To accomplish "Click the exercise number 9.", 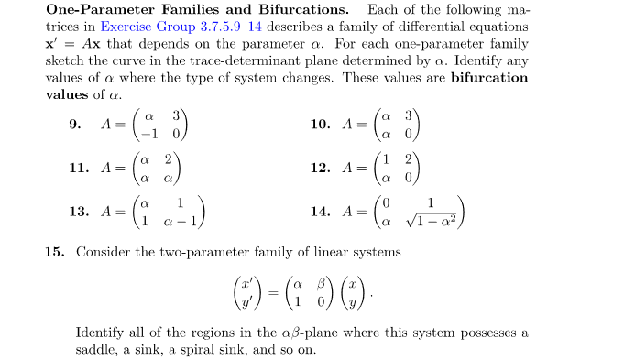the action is tap(74, 125).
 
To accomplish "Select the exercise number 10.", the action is tap(320, 125).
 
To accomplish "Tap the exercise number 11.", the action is tap(78, 168).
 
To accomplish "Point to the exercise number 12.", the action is tap(320, 168).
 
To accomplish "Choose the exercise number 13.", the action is tap(78, 211).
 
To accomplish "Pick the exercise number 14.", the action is tap(320, 211).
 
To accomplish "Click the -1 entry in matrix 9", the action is tap(143, 133).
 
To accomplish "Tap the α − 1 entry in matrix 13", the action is tap(181, 220).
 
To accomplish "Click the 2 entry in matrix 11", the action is tap(169, 159).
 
